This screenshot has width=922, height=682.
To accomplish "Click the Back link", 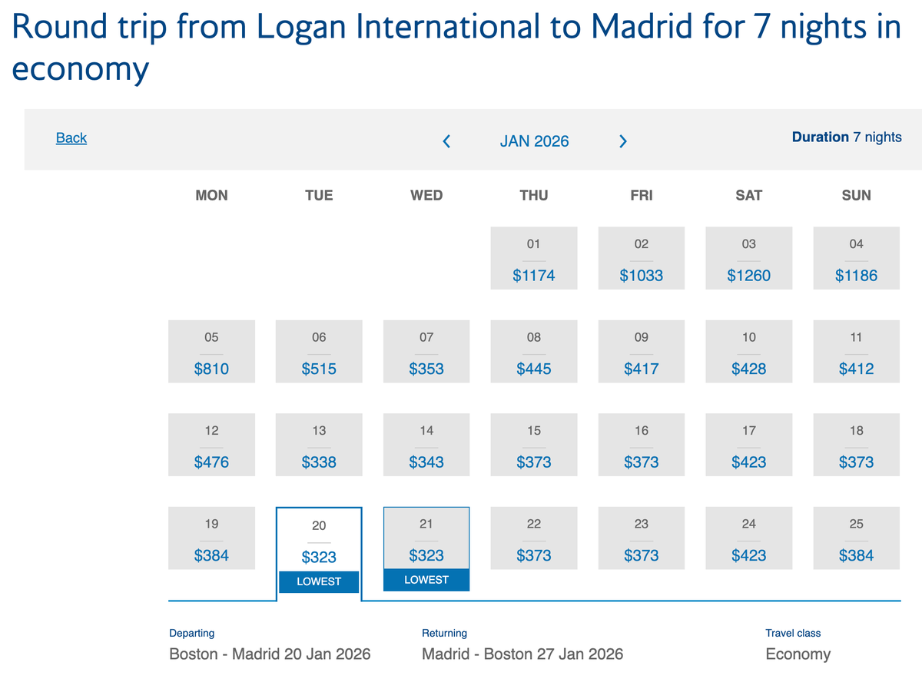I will [71, 138].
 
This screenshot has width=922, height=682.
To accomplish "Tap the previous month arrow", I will [446, 141].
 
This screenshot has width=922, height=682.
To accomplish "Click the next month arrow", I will [623, 141].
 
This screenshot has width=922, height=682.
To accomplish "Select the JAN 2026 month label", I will [534, 141].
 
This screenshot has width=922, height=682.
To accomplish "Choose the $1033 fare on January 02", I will [641, 275].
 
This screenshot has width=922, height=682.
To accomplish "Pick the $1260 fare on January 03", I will [748, 275].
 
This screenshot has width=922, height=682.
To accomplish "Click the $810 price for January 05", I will [211, 369].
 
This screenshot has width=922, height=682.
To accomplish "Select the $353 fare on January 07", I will [426, 369].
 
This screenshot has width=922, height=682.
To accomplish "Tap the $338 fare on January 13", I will [319, 462].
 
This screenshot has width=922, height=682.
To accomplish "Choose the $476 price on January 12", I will [211, 462].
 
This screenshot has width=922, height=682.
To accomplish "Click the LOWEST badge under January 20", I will [319, 581].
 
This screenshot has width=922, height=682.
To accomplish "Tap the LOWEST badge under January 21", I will [426, 580].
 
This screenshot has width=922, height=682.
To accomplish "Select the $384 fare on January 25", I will [856, 555].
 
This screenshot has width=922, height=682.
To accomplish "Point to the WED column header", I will [426, 195].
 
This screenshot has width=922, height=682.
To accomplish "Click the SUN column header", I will [856, 195].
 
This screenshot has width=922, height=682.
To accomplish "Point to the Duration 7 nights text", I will [846, 137].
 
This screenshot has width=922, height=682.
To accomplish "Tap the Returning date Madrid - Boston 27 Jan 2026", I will [522, 654].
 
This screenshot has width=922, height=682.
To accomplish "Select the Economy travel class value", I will [798, 654].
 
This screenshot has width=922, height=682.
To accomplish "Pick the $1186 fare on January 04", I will [856, 275].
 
